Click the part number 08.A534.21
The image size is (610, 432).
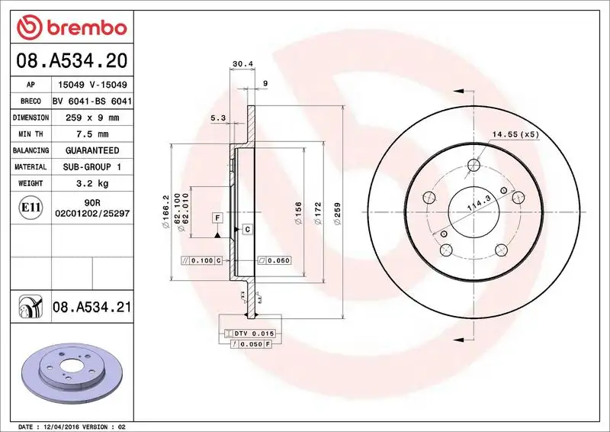(x=92, y=308)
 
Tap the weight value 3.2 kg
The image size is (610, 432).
(x=91, y=183)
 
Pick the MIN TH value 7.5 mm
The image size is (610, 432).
(x=91, y=134)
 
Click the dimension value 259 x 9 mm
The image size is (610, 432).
(x=91, y=118)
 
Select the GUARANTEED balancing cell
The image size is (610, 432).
(x=91, y=150)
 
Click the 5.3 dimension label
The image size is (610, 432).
(x=217, y=118)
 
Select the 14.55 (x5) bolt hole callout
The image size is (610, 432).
(x=515, y=134)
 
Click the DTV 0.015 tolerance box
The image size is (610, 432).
(x=250, y=334)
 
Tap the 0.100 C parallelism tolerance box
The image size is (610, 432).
(x=201, y=260)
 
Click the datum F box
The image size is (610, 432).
(x=217, y=218)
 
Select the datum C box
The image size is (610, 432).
(x=247, y=229)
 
